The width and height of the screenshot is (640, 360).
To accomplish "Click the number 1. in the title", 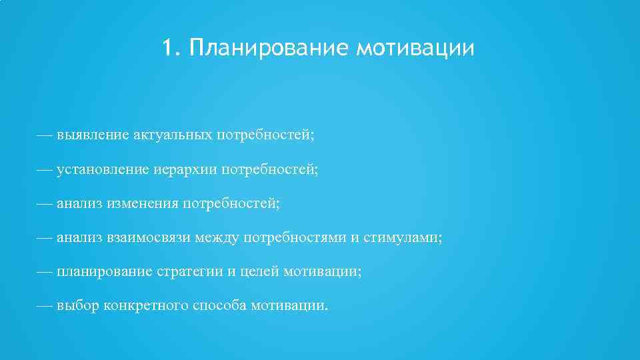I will tap(172, 48).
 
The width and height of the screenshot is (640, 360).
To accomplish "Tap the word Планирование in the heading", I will tap(269, 48).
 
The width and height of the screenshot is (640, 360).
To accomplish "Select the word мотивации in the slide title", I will tap(416, 48).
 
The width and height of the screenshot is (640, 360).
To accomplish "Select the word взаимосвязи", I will tap(150, 238).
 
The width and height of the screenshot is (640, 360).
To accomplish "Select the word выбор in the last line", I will tap(78, 306).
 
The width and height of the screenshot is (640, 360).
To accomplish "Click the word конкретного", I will tap(146, 306).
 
